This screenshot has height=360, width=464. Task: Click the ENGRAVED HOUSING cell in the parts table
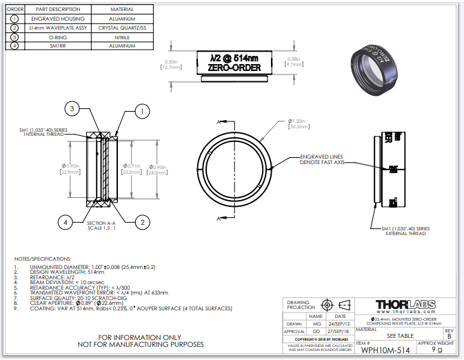tap(59, 19)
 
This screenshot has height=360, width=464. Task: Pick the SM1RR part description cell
tap(59, 46)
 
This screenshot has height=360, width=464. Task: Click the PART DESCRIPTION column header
tap(59, 9)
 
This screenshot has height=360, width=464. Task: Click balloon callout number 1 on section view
tap(142, 110)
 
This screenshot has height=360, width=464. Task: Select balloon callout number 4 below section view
tap(65, 222)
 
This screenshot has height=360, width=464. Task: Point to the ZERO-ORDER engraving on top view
tap(234, 68)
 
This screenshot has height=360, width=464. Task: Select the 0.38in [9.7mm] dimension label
tap(295, 63)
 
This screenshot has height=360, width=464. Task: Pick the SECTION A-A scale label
tap(101, 226)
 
